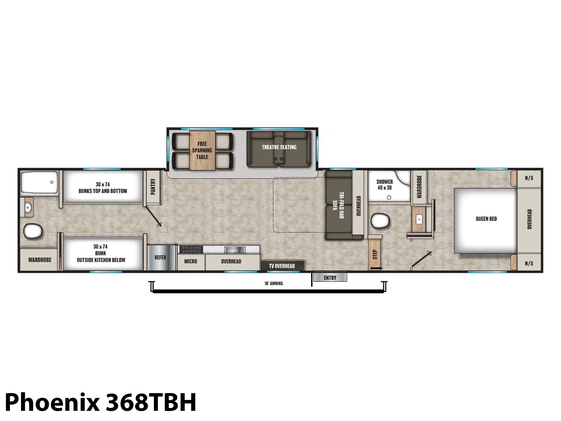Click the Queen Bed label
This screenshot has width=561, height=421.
[486, 219]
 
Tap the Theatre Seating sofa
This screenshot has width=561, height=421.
[279, 149]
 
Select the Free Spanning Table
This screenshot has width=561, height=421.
[202, 151]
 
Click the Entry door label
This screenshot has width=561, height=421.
[330, 278]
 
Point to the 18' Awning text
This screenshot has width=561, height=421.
[273, 283]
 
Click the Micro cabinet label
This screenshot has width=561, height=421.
[191, 261]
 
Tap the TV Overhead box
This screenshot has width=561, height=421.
[282, 265]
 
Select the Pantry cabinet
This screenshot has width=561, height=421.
[153, 187]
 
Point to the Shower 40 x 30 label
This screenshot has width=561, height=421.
[384, 185]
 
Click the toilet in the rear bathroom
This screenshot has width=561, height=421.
[33, 231]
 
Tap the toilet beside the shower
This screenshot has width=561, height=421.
[380, 221]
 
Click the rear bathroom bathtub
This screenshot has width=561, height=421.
[39, 182]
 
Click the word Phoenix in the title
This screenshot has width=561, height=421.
[52, 402]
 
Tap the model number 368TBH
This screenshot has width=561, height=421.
[151, 402]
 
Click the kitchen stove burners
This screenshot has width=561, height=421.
[191, 249]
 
